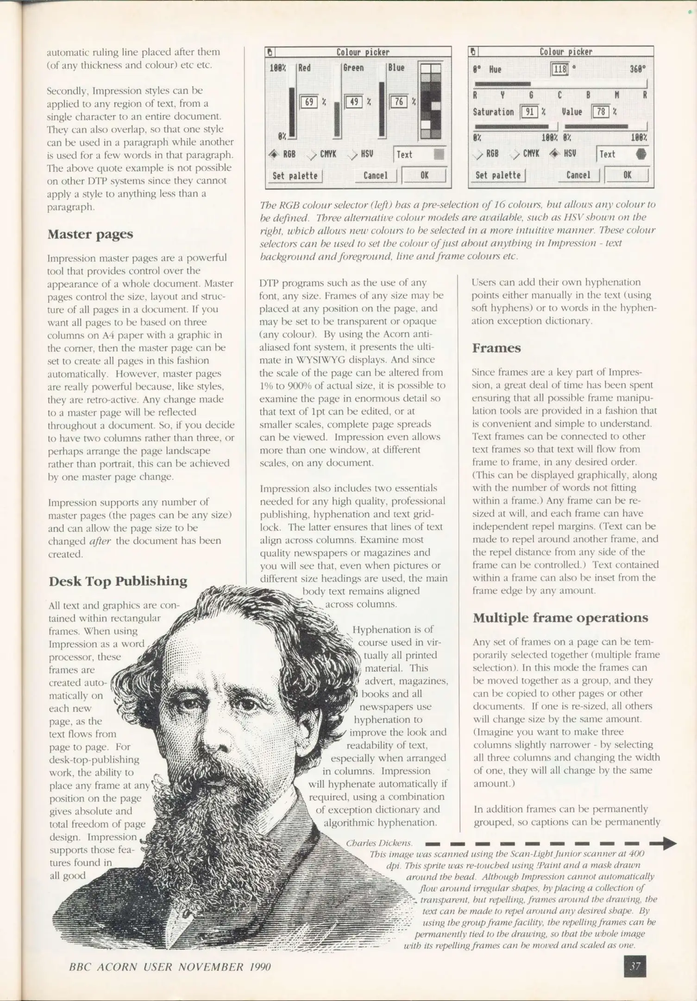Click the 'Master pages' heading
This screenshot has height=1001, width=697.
[x=90, y=234]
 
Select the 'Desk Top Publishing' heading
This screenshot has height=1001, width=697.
[x=118, y=581]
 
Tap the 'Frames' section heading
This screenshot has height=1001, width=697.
[x=496, y=348]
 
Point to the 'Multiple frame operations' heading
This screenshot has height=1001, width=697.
[x=560, y=618]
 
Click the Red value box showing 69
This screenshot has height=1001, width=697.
[x=308, y=101]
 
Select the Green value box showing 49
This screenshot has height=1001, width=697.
[x=354, y=101]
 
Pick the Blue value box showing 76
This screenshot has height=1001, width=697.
[x=398, y=101]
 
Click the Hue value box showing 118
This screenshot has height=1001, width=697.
[x=559, y=70]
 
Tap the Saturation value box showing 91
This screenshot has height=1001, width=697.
[x=529, y=112]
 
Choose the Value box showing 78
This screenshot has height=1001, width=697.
[x=601, y=112]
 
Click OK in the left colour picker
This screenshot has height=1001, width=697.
[x=424, y=175]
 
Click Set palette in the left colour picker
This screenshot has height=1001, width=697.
[x=295, y=176]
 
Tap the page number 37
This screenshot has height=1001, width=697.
[x=635, y=966]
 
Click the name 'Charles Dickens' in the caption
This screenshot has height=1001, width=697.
[x=378, y=843]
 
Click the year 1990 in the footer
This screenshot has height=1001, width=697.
[x=260, y=967]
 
